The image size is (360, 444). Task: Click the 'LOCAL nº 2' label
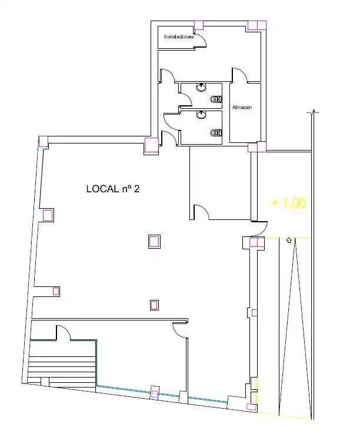point(113,189)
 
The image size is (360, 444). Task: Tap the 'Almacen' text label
point(242,108)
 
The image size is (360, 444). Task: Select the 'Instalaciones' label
point(179,37)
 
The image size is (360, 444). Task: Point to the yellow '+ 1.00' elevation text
point(289,203)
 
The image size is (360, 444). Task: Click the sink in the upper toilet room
point(201,87)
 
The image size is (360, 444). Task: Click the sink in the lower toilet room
point(201,115)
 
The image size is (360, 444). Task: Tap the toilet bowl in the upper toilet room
point(216,99)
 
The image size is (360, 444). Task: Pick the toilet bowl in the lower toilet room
point(216,132)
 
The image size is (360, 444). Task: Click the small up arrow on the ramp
point(289,241)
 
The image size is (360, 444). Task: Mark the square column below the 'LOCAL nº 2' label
point(154,242)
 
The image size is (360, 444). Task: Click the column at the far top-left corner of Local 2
point(44,141)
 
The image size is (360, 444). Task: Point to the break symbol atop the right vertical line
point(313,112)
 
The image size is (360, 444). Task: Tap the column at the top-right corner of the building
point(257,25)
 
